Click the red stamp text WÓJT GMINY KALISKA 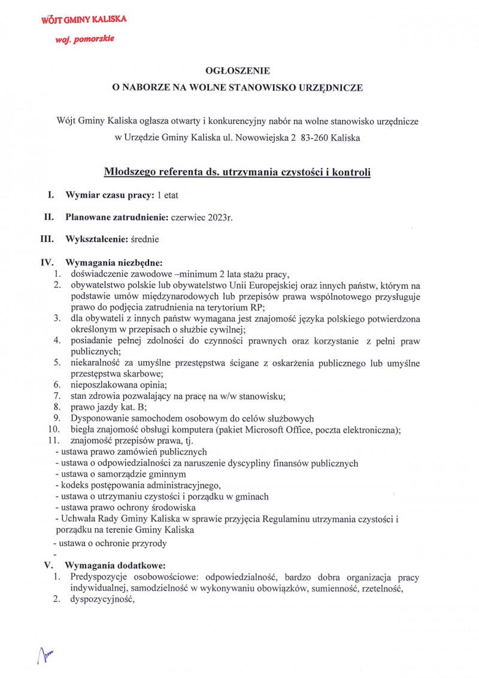point(83,20)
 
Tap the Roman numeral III point(47,239)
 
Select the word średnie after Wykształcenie point(145,239)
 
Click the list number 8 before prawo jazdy point(56,407)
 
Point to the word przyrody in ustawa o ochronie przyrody point(149,543)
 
